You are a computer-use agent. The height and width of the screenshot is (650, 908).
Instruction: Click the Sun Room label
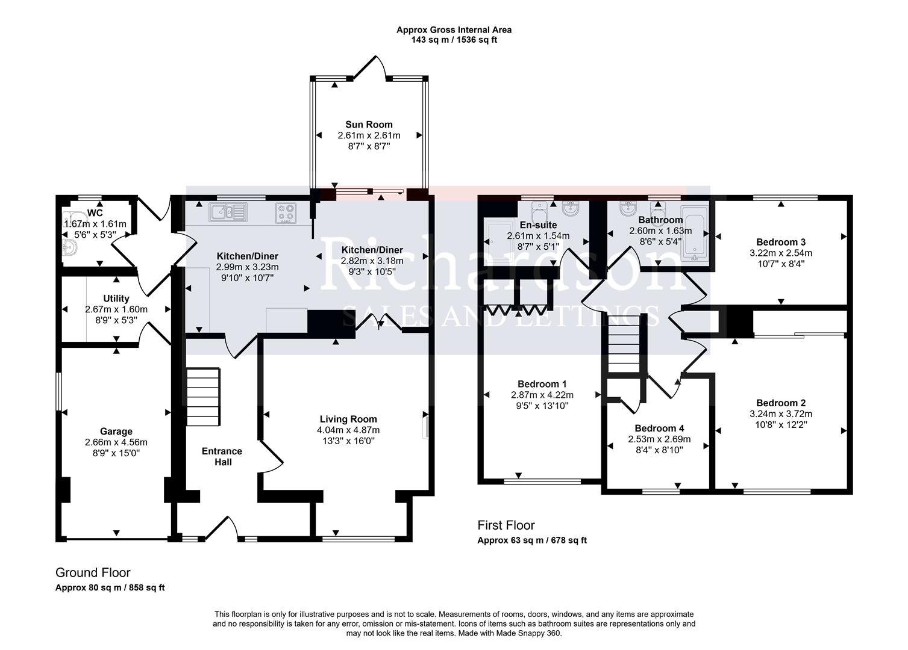[x=369, y=125]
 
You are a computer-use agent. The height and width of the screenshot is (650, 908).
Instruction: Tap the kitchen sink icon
[x=228, y=212]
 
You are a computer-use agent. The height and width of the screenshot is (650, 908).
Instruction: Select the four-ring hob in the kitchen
[x=286, y=212]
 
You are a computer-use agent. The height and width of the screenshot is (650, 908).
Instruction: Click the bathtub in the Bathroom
[x=695, y=238]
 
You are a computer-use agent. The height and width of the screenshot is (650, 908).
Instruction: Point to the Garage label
[x=116, y=431]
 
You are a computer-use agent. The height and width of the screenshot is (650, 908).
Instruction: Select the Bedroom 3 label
[x=780, y=242]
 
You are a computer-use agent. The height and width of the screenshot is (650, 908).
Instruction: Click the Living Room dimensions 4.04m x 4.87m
[x=348, y=430]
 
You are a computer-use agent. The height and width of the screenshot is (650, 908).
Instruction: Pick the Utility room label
[x=116, y=299]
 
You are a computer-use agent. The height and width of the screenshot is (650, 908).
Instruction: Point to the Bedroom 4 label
[x=659, y=429]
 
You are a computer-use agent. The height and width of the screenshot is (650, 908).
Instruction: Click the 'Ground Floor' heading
[x=93, y=573]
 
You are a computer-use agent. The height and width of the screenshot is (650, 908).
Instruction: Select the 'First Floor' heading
[x=506, y=525]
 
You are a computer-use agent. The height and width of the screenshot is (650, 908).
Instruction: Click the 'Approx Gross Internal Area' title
[x=454, y=29]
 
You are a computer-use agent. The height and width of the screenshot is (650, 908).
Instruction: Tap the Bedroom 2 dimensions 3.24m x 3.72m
[x=780, y=414]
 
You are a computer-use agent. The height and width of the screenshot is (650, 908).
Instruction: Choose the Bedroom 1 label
[x=542, y=384]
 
